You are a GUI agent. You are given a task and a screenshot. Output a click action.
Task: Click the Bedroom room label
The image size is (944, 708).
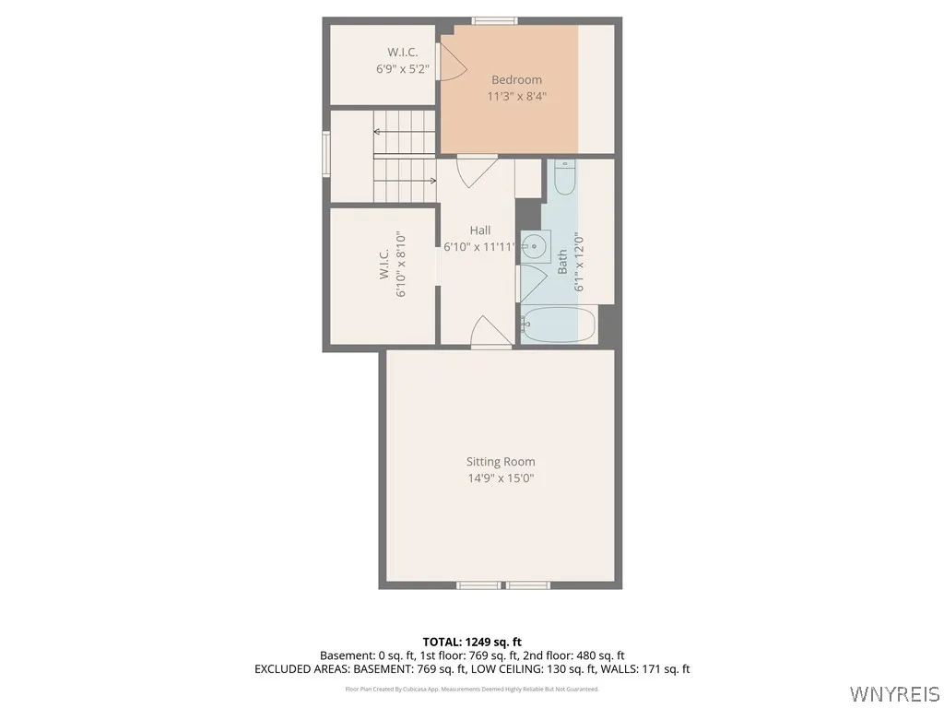point(516,79)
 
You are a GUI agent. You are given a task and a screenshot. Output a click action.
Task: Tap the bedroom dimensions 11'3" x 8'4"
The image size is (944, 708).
point(516,96)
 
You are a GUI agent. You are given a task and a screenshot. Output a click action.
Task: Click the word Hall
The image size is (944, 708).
point(479,230)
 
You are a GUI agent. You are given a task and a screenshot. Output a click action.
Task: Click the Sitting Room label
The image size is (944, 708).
point(500,462)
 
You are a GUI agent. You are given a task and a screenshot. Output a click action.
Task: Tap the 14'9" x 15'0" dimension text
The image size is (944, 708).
point(500,478)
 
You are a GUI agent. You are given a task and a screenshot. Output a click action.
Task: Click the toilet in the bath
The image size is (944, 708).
point(565,177)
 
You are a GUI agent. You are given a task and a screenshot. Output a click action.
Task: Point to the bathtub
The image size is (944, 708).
point(559,324)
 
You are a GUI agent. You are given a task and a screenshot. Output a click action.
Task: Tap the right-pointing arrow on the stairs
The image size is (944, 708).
point(431,181)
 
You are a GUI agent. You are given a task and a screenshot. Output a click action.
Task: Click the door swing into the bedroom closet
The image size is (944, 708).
point(453,62)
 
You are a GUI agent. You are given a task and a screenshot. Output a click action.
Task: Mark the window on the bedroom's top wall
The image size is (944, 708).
point(495,20)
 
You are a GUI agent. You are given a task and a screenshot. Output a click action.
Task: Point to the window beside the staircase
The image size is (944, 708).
point(325,153)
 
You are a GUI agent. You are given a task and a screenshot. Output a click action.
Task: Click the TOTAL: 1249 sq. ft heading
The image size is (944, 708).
point(472,642)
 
